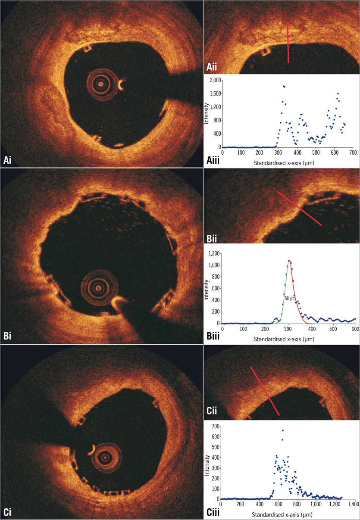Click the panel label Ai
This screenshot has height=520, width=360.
click(x=8, y=160)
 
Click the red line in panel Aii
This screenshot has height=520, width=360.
click(x=288, y=43)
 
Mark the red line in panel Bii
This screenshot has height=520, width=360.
click(x=299, y=209)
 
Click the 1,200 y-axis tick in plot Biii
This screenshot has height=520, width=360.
click(x=214, y=253)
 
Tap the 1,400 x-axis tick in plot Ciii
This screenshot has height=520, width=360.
click(x=353, y=503)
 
